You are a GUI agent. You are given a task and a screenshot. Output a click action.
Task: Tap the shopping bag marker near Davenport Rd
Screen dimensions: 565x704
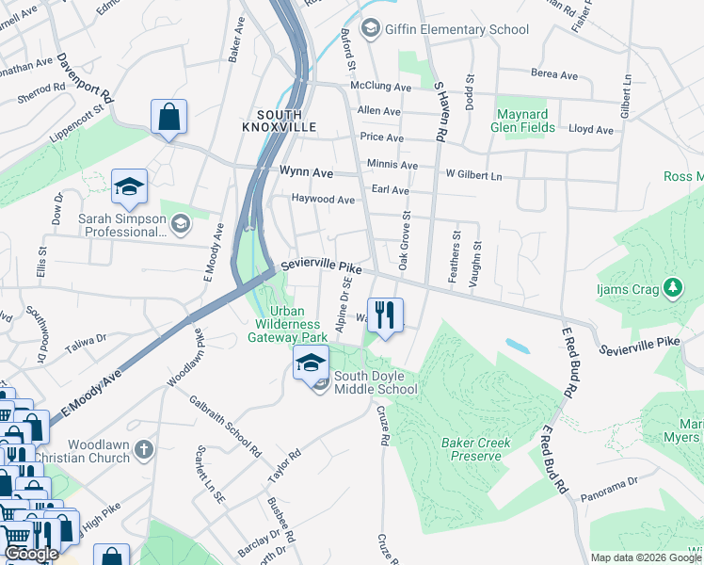point(169,119)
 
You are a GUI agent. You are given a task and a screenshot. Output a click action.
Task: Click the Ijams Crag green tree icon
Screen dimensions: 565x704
point(672,285)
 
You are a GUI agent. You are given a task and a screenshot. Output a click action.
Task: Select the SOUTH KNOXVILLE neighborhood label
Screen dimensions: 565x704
point(278,120)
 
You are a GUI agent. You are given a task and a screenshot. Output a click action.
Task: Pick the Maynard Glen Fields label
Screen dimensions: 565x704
point(535,121)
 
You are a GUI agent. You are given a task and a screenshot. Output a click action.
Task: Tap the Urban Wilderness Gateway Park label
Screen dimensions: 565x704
point(286,324)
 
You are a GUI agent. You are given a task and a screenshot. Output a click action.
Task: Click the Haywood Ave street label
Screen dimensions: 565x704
point(322,200)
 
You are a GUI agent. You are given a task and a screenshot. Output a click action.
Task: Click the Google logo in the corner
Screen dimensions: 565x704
point(32,554)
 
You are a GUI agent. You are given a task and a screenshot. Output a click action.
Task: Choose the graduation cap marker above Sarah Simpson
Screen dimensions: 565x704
point(129,186)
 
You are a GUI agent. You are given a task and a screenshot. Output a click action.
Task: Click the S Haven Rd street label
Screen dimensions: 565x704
point(439,111)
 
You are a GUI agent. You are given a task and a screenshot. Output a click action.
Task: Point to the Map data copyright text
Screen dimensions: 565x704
point(645,557)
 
